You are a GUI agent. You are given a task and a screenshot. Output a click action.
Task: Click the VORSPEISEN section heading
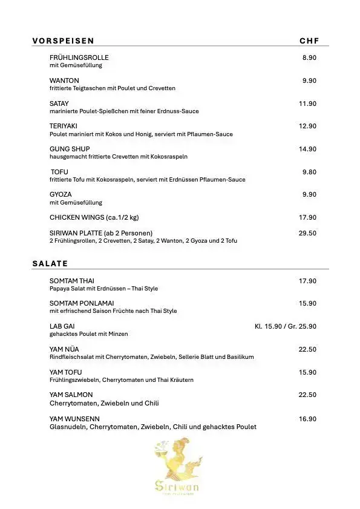tap(63, 41)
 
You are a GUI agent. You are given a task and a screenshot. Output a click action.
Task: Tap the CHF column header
tap(309, 41)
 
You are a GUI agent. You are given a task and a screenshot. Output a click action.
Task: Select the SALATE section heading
tap(50, 263)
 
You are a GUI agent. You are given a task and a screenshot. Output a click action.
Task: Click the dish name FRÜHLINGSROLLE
tap(79, 57)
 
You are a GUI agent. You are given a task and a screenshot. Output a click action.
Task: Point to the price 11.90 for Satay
tap(307, 103)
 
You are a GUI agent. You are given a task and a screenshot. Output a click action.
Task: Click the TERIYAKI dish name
tap(64, 126)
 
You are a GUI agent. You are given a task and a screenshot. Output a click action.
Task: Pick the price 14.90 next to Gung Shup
tap(307, 149)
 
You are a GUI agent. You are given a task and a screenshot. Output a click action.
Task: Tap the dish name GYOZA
tap(61, 194)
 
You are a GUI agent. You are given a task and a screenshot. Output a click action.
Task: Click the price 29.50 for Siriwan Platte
tap(307, 232)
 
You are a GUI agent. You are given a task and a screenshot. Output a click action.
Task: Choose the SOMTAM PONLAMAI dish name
tap(82, 303)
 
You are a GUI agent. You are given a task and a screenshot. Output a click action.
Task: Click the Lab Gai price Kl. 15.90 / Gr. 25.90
tap(285, 326)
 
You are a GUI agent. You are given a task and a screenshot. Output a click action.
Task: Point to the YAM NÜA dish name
tap(64, 349)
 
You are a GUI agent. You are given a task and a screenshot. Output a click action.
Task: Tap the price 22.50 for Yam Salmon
tap(307, 395)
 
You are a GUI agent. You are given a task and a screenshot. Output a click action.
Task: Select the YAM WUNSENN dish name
tap(74, 418)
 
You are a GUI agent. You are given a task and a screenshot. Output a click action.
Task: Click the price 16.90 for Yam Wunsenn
tap(307, 418)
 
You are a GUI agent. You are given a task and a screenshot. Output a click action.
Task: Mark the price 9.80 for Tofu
tap(309, 172)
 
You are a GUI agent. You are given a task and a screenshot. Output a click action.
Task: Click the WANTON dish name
tap(64, 80)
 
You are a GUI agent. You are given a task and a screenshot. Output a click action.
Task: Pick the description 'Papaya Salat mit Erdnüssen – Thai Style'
tap(103, 289)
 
